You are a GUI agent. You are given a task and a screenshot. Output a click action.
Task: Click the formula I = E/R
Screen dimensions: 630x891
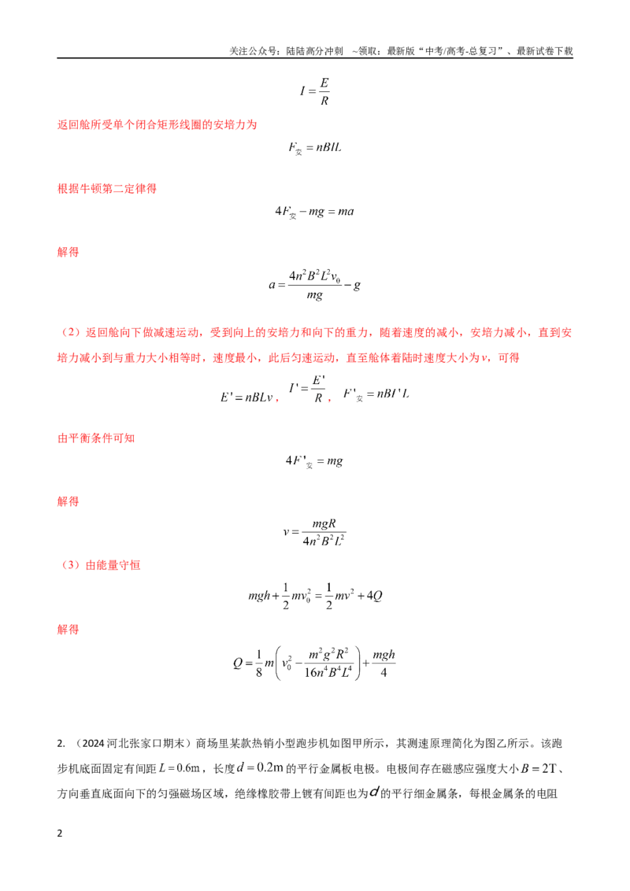click(x=315, y=91)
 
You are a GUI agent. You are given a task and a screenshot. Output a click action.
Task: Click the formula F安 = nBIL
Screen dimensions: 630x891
click(x=315, y=148)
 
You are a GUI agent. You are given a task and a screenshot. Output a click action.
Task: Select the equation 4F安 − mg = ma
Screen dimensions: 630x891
click(x=314, y=212)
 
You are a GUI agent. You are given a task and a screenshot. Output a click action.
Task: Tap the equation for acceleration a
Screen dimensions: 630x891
click(x=314, y=285)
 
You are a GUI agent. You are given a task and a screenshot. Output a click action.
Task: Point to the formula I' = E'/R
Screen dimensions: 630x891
click(x=307, y=390)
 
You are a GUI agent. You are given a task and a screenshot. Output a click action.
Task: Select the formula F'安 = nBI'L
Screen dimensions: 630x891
click(x=376, y=394)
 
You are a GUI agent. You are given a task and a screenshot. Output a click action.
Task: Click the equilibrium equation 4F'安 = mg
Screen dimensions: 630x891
click(x=314, y=461)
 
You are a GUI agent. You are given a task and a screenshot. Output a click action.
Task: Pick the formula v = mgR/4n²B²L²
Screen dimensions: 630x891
click(x=314, y=532)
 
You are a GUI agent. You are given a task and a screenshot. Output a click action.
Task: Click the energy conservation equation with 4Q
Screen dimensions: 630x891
click(x=315, y=596)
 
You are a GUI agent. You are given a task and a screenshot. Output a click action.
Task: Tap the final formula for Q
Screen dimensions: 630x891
click(x=314, y=664)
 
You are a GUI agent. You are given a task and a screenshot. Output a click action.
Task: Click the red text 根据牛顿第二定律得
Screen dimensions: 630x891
click(x=107, y=189)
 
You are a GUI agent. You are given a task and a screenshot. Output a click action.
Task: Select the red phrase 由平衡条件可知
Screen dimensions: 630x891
click(x=96, y=438)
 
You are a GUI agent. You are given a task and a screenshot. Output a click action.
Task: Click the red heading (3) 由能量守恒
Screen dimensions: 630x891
click(x=99, y=565)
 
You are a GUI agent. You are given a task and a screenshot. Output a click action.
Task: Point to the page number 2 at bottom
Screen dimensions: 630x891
click(x=60, y=834)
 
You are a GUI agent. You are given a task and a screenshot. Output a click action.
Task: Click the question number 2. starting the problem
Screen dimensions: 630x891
click(x=61, y=743)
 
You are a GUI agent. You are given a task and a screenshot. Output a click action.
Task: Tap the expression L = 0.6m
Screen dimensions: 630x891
click(x=179, y=768)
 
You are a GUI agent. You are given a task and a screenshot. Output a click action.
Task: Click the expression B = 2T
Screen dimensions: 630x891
click(x=538, y=768)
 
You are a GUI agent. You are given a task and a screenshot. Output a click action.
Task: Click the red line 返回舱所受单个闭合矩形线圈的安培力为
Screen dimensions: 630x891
click(x=157, y=124)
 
